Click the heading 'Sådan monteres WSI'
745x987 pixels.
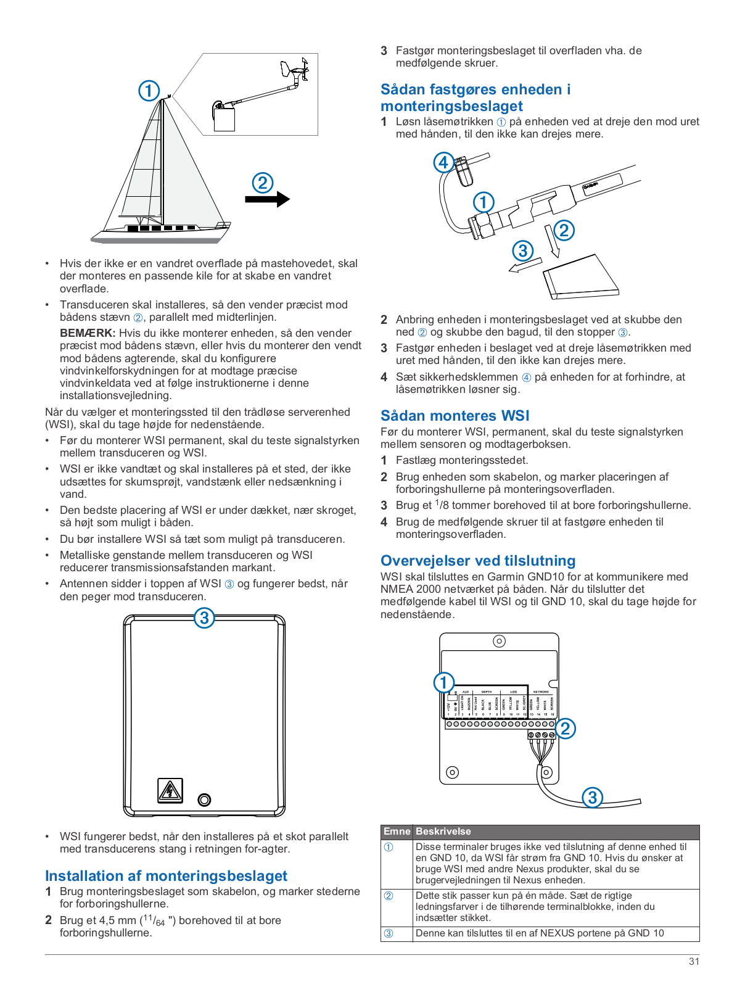click(455, 416)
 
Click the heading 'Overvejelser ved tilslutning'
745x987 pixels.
click(478, 561)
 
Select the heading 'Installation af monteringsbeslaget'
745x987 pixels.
click(166, 876)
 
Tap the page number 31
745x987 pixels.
click(694, 961)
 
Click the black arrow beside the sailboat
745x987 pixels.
click(267, 199)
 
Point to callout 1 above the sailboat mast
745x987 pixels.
click(149, 91)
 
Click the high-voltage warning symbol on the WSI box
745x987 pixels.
click(170, 790)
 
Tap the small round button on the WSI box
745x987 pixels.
click(204, 800)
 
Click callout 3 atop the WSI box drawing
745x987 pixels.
click(204, 617)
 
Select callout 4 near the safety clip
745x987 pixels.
click(443, 163)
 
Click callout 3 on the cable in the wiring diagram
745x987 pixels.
click(592, 797)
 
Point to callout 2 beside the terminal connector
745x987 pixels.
click(565, 728)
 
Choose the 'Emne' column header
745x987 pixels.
click(397, 832)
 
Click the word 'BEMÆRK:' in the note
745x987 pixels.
click(88, 333)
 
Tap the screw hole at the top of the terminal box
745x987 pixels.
click(499, 641)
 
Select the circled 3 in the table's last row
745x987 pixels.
click(389, 933)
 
